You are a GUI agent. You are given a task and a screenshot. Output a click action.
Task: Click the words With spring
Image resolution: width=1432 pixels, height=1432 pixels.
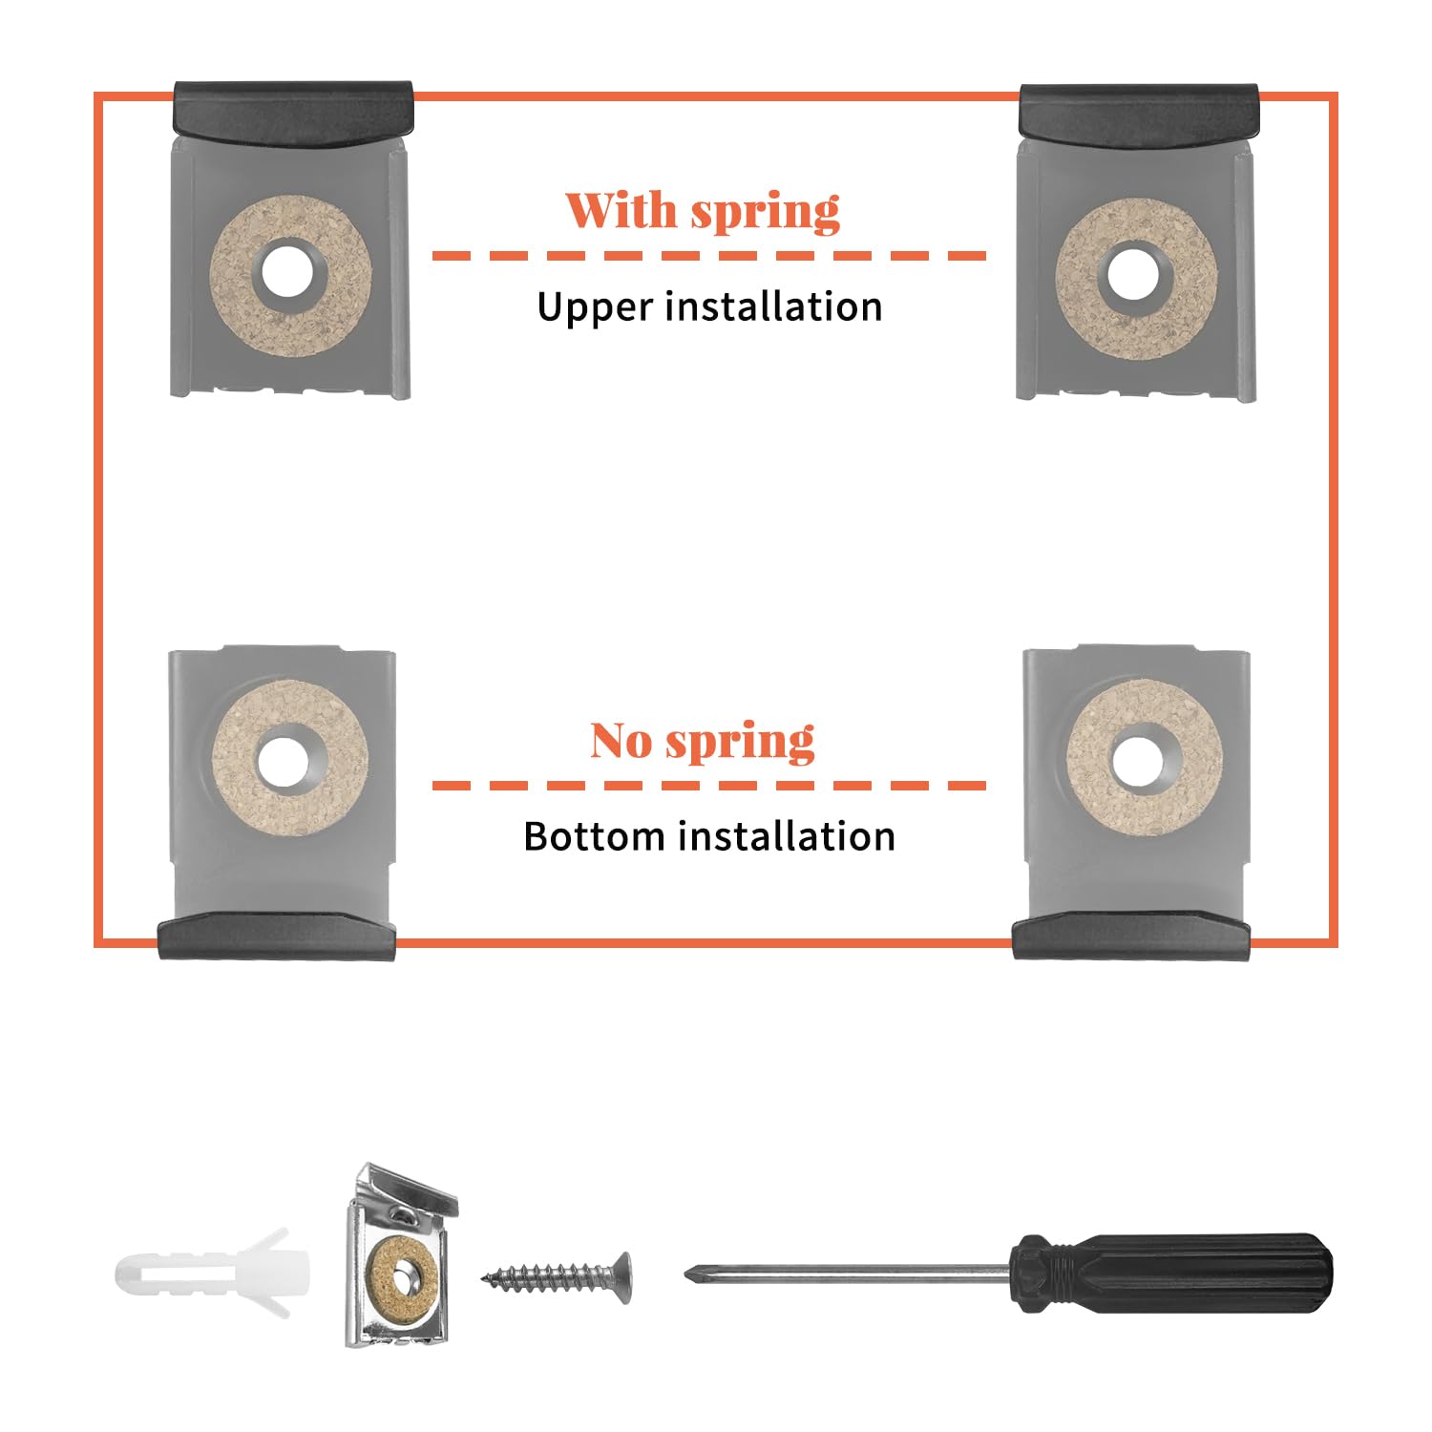(x=703, y=211)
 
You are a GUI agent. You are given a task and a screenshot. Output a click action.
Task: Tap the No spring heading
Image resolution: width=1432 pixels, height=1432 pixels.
(x=703, y=741)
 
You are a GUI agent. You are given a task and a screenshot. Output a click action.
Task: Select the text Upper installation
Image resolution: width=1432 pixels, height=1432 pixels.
(x=709, y=307)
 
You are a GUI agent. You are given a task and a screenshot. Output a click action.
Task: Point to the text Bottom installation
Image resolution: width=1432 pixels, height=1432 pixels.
(x=709, y=836)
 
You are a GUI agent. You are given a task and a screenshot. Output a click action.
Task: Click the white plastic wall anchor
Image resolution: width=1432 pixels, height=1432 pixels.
(x=213, y=1273)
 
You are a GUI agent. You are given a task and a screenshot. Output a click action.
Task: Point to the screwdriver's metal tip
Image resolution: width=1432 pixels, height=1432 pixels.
(x=687, y=1273)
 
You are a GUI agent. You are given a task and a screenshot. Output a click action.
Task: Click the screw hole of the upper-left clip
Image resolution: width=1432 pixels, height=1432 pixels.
(x=284, y=274)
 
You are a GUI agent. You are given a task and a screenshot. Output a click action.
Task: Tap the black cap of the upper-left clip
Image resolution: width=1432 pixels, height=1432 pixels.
(x=292, y=114)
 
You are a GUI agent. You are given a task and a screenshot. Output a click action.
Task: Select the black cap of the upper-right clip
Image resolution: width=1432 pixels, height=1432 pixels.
(x=1139, y=116)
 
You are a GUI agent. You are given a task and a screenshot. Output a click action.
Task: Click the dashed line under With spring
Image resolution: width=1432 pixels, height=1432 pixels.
(x=709, y=256)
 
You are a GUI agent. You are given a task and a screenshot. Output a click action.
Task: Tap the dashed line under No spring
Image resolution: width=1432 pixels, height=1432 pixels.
(x=709, y=786)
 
